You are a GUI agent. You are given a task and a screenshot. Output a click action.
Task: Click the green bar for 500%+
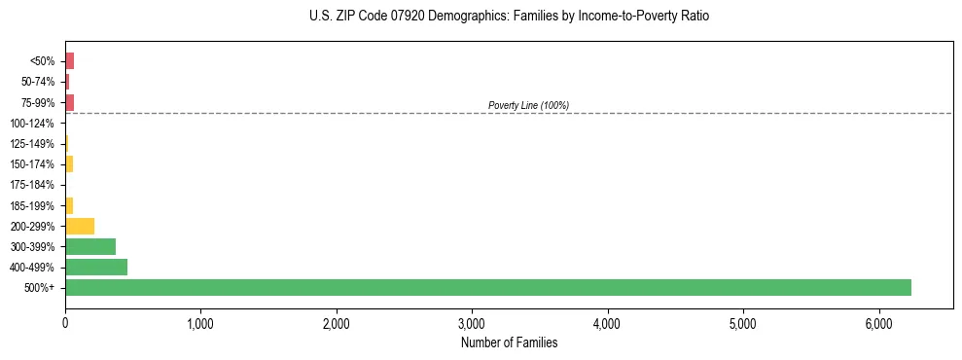click(x=487, y=287)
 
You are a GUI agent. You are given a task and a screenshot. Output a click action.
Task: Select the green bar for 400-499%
click(x=96, y=267)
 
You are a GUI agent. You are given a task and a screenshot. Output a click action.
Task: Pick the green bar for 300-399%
click(x=90, y=246)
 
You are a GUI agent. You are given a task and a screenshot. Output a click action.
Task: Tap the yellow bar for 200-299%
click(x=80, y=226)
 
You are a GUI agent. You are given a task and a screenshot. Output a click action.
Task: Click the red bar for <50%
click(x=69, y=61)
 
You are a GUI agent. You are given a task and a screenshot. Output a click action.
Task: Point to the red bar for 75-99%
click(x=69, y=102)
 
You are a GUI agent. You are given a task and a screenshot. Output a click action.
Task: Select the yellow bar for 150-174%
click(x=69, y=163)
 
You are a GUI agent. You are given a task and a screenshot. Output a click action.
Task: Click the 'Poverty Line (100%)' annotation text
click(x=528, y=105)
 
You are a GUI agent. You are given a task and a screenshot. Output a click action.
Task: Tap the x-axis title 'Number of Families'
click(x=509, y=342)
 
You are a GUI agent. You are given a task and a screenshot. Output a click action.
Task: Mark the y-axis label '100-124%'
click(x=32, y=124)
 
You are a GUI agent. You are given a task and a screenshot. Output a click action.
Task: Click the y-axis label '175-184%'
click(x=32, y=185)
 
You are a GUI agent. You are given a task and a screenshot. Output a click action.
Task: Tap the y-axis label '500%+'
click(x=40, y=288)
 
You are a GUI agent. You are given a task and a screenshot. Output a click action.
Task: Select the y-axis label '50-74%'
click(x=38, y=82)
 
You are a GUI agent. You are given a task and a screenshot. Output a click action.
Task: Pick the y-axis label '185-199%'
click(x=32, y=205)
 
